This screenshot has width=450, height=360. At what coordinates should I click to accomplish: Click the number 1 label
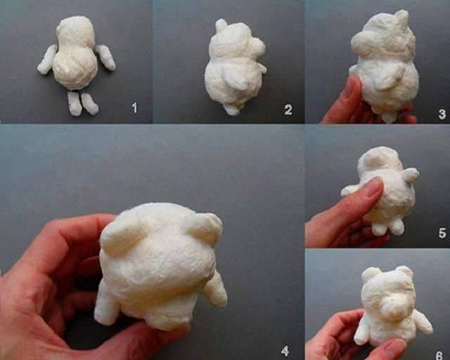point(134,108)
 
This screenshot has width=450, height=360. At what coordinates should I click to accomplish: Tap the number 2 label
point(288,110)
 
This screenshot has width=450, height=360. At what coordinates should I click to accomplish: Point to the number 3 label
point(442,114)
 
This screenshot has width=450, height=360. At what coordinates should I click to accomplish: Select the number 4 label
point(284,351)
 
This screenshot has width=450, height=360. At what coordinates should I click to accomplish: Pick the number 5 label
point(442,233)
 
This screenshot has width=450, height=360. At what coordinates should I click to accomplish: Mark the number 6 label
point(439,355)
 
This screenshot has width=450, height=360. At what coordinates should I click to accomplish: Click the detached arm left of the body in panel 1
point(48,60)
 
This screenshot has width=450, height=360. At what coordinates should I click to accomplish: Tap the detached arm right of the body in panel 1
point(106,57)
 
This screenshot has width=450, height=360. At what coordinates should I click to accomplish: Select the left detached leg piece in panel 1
point(75,103)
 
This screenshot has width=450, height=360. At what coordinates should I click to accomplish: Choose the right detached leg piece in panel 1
point(89,103)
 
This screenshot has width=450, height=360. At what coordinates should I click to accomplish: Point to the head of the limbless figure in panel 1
point(76,32)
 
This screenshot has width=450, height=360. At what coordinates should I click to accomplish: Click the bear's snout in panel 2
point(257,46)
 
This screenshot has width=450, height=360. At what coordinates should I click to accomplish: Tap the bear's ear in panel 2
point(221,25)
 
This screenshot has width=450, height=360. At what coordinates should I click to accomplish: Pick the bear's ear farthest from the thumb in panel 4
point(205,227)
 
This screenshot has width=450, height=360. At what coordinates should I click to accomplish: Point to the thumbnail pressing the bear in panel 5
point(375,188)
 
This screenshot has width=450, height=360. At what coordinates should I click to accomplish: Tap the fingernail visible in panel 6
point(395,347)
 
